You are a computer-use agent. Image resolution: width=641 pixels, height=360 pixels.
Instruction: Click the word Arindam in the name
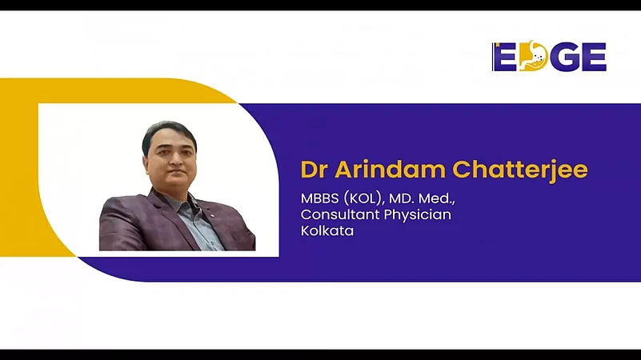point(390,169)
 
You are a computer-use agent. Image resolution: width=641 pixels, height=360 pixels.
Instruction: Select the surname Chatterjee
point(520,170)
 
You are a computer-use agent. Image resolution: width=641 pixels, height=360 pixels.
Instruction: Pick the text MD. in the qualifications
point(401,198)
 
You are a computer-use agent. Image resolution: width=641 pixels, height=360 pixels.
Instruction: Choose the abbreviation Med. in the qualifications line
point(437,199)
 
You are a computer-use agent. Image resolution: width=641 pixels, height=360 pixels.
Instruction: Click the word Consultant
point(341,214)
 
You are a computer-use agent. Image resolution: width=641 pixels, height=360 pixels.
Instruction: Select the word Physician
point(418,215)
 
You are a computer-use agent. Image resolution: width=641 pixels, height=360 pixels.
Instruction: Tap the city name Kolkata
point(327,231)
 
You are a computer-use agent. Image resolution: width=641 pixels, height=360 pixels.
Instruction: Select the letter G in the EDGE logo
point(563,57)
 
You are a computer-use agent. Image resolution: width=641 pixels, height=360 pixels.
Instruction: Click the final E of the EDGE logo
point(593,57)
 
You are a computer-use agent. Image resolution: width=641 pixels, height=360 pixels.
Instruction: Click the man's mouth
point(177,170)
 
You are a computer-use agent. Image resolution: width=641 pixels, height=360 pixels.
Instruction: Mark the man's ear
point(146,158)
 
